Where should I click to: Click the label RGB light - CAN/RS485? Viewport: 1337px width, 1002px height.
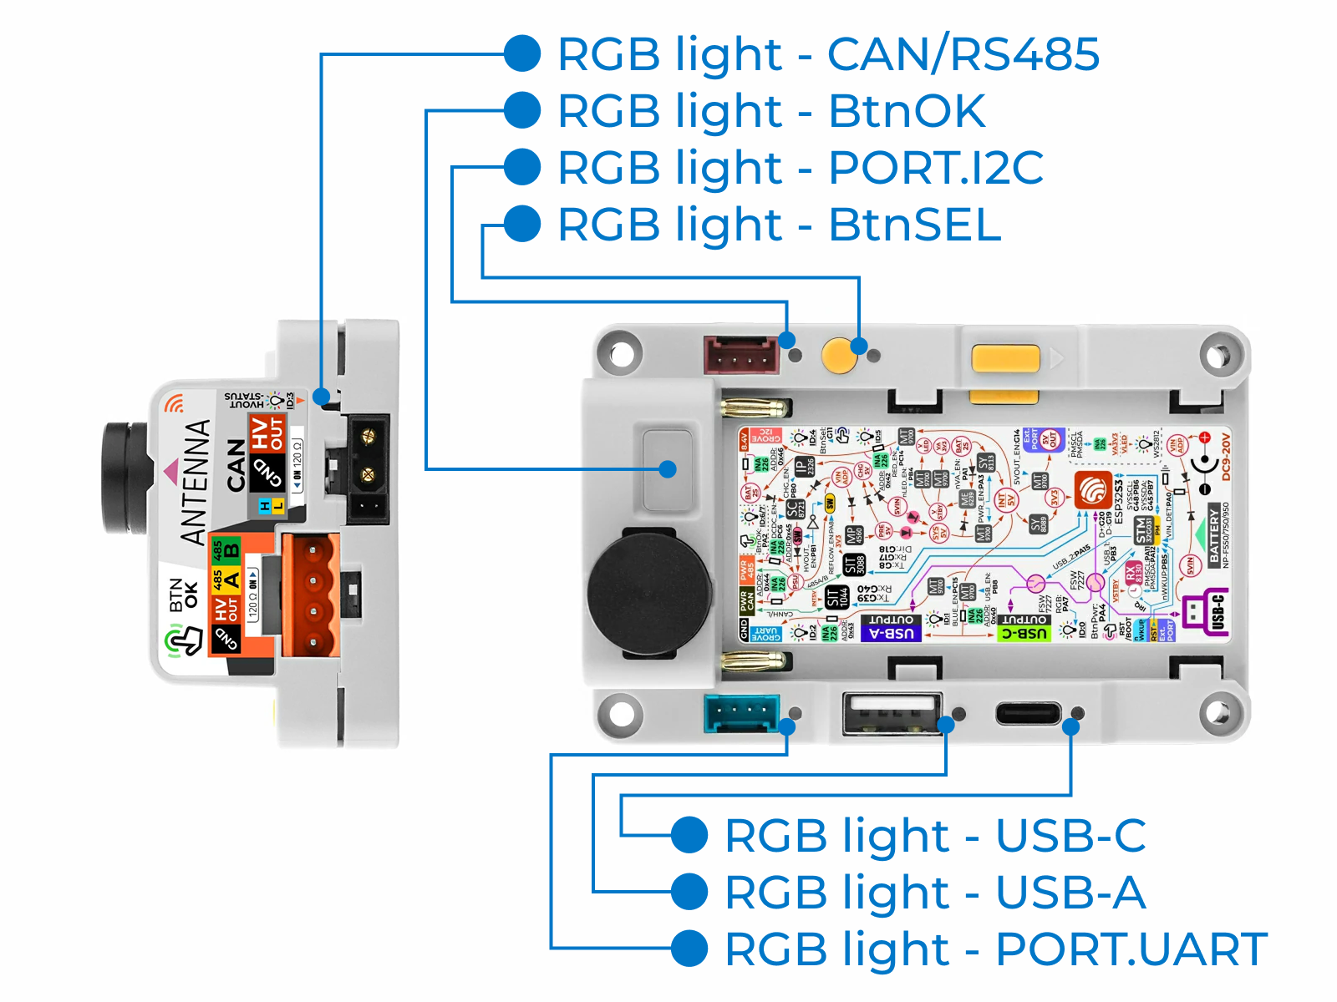[827, 54]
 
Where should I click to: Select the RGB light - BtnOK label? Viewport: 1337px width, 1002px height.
[770, 111]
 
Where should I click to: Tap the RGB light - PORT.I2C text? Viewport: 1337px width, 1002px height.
[800, 168]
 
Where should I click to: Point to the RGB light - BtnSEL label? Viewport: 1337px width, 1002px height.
[779, 225]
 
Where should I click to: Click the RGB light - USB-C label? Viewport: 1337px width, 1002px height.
[934, 836]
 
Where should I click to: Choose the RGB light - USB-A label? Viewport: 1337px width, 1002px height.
[934, 893]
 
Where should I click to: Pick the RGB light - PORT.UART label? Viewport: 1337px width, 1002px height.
[995, 949]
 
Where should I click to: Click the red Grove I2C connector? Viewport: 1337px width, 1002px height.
[741, 356]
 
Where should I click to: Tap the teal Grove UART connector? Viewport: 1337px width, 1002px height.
[741, 714]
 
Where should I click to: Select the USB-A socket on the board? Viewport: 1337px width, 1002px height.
[891, 714]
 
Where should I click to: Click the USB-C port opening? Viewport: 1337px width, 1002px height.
[1028, 714]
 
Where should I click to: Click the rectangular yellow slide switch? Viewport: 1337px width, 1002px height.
[1005, 359]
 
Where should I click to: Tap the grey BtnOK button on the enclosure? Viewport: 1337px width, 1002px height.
[667, 469]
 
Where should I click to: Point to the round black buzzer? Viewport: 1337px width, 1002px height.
[650, 591]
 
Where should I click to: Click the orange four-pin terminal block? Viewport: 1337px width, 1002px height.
[311, 595]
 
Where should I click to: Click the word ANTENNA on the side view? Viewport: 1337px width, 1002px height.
[196, 482]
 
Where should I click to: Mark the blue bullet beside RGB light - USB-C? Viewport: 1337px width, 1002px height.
[690, 836]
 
